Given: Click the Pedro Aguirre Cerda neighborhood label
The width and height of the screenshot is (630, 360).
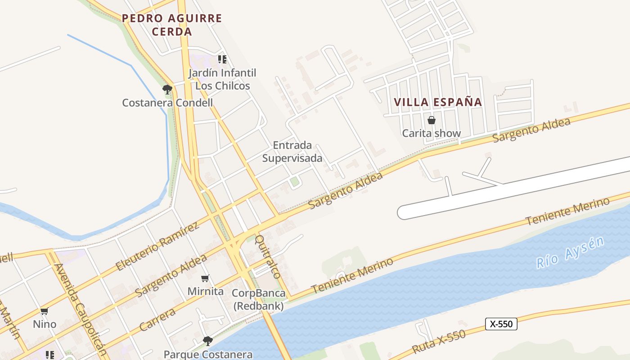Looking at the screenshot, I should coord(172,25).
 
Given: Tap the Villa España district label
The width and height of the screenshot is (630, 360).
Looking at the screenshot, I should coord(438,102).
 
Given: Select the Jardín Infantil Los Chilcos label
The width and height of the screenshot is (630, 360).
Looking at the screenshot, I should coord(222,79).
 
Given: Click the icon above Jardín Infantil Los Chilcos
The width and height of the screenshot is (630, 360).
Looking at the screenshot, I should coord(222,59).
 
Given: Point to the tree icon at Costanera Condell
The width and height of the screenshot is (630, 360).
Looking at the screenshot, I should coord(167,89).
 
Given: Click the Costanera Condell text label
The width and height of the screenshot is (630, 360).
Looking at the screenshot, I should coord(167,103).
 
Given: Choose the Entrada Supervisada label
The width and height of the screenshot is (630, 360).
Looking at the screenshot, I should coord(292,152).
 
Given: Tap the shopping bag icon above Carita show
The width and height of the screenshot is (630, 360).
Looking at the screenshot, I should coord(432,120).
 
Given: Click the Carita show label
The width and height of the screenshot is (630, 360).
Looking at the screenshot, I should coord(432,133).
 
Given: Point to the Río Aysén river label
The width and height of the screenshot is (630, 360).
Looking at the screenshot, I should coord(570,253).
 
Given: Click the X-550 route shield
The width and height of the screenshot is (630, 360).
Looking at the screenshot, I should coord(501,324).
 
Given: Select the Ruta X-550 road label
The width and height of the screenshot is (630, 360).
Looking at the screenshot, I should coord(438,342).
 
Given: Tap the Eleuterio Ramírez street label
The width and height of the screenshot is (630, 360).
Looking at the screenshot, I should coord(157,246).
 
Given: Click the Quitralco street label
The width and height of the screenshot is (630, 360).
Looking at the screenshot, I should coord(268,256).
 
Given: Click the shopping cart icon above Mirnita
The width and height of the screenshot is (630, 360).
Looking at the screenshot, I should coord(205,279).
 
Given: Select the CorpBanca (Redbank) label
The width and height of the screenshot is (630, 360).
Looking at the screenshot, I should coord(258,300).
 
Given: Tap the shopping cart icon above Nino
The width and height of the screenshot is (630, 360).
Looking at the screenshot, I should coord(44,311).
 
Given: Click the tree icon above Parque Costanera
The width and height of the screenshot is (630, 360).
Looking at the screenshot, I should coord(207,341).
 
